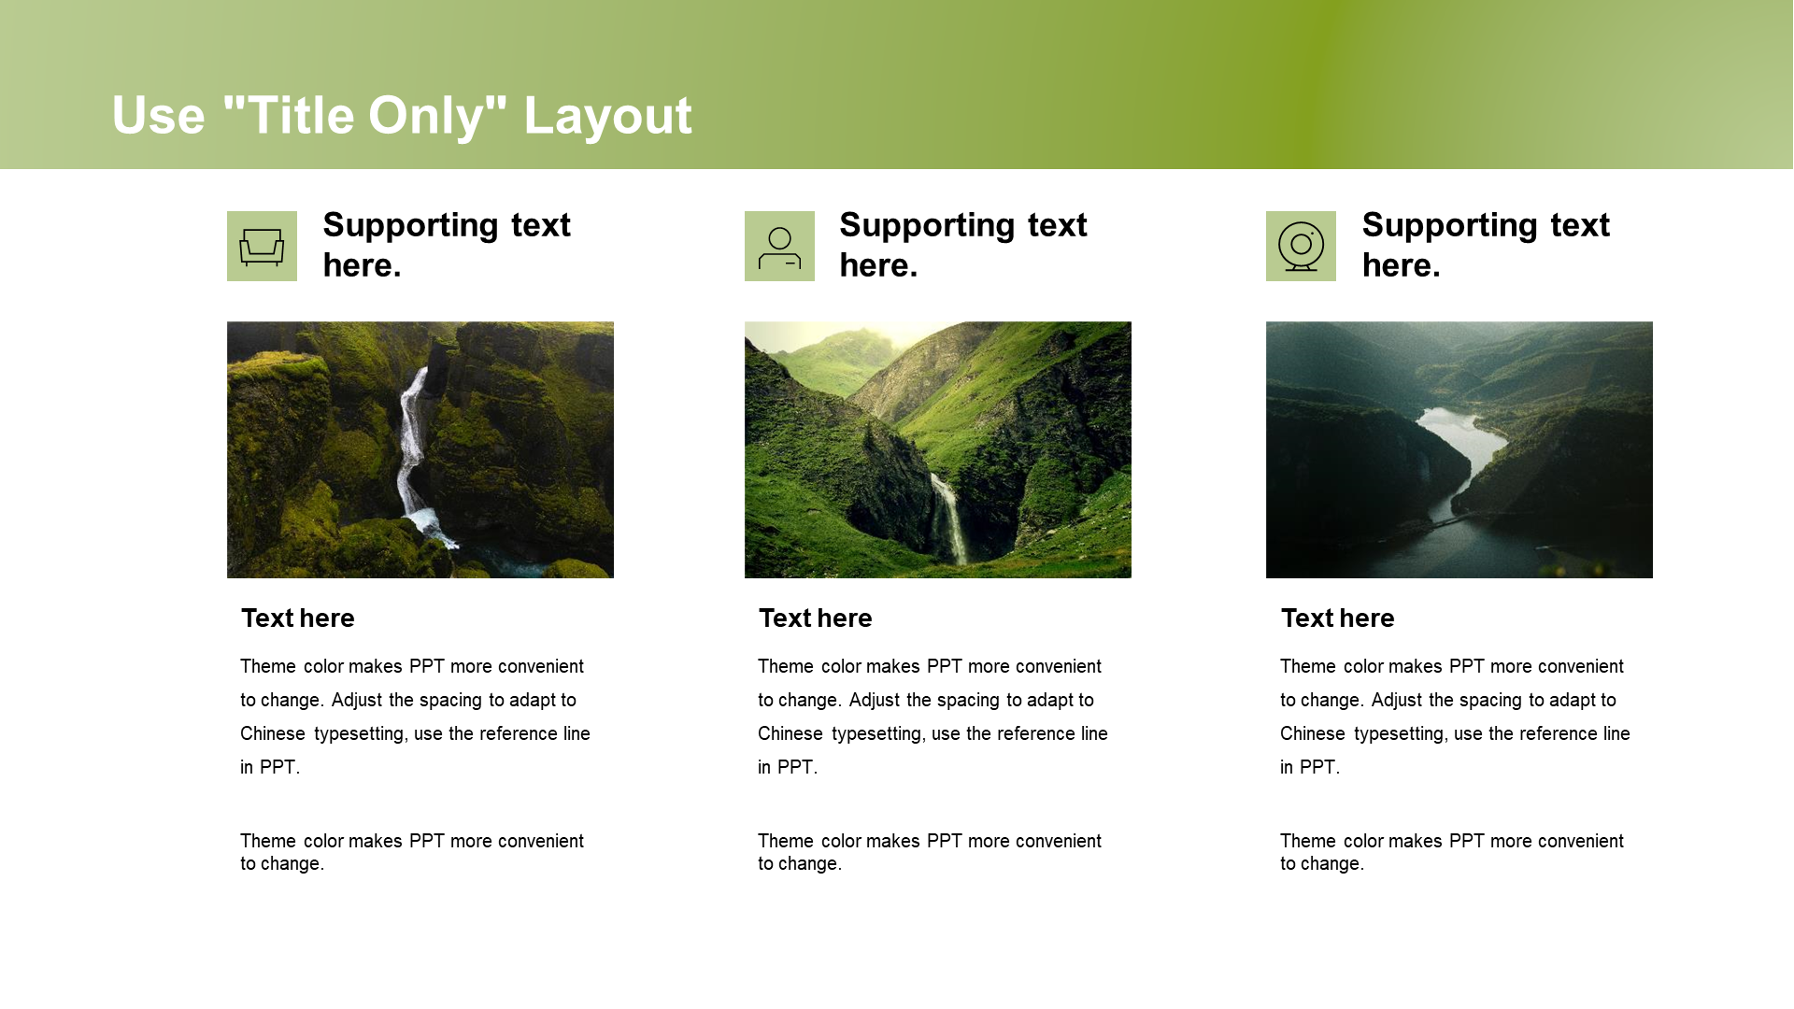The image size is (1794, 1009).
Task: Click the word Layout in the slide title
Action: click(607, 116)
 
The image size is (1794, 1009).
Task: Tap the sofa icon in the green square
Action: click(262, 247)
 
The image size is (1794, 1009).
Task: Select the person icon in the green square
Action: click(779, 248)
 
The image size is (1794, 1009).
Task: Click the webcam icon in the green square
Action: click(1301, 247)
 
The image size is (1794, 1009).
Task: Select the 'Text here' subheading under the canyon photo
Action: click(298, 618)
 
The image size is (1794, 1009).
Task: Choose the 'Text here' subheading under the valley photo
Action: click(816, 618)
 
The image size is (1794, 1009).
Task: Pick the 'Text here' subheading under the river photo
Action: click(1338, 618)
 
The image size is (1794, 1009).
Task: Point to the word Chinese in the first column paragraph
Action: click(273, 734)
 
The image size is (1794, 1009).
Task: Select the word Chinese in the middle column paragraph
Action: click(790, 734)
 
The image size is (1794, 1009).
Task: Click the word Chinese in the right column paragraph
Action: click(1313, 734)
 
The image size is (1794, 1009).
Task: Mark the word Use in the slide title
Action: click(159, 116)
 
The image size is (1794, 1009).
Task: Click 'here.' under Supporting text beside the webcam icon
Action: click(1402, 266)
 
